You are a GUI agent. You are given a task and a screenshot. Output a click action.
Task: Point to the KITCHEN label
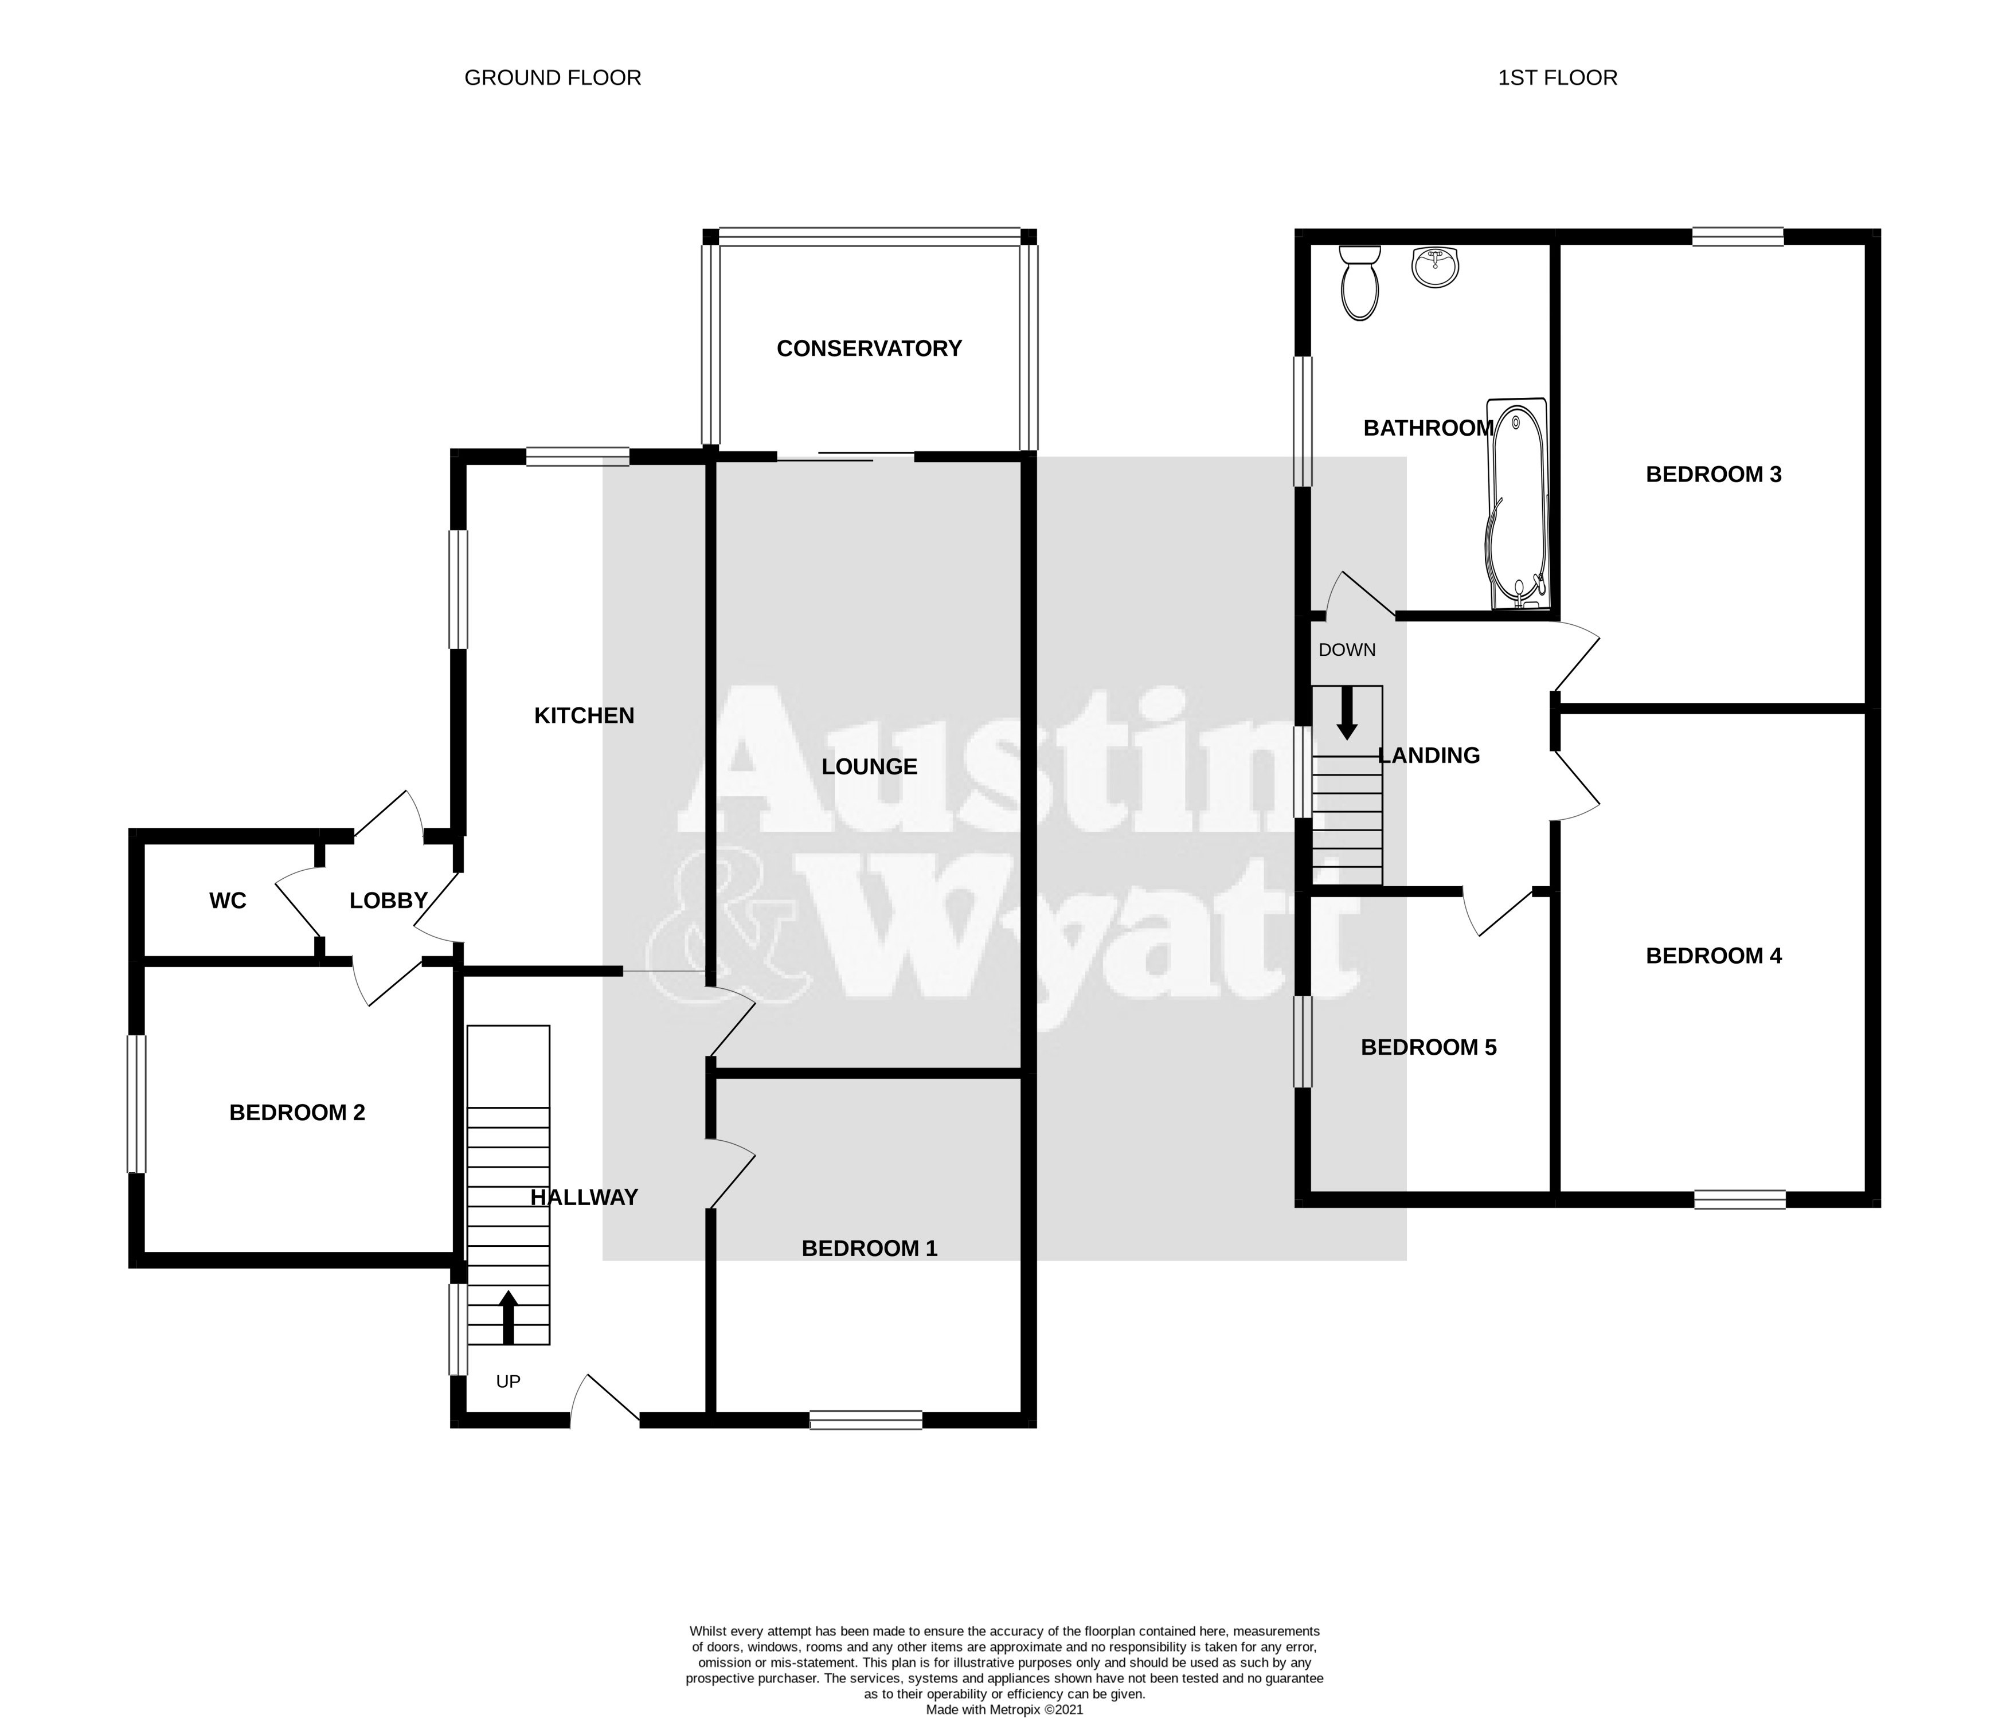(x=584, y=716)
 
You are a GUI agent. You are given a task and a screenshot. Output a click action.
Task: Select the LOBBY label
(x=388, y=900)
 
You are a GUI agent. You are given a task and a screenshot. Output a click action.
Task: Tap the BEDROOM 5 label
(x=1428, y=1048)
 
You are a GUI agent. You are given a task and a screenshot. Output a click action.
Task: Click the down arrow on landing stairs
(x=1347, y=714)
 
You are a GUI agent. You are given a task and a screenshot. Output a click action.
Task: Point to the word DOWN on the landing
(x=1347, y=650)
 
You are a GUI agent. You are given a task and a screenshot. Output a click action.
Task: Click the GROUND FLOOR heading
(x=552, y=77)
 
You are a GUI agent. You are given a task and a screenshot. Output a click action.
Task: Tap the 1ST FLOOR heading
(x=1557, y=77)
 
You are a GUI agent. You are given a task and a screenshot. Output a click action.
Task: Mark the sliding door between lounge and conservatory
(x=845, y=456)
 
